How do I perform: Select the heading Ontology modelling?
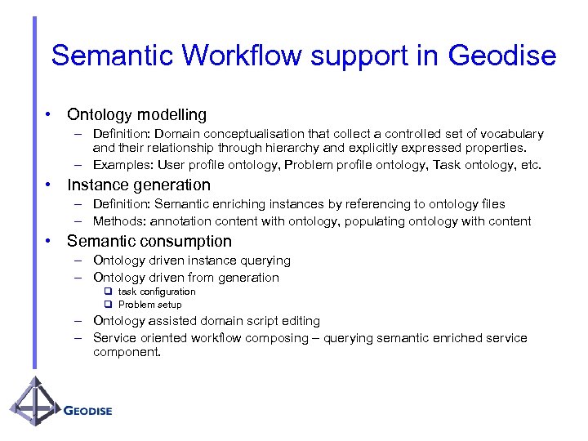click(136, 114)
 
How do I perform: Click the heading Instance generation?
click(139, 185)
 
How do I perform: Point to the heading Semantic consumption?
click(149, 241)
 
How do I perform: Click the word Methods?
click(117, 220)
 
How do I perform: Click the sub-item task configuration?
click(157, 292)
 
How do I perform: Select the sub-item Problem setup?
click(150, 305)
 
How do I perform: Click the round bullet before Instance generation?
click(50, 185)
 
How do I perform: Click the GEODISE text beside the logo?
click(87, 410)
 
